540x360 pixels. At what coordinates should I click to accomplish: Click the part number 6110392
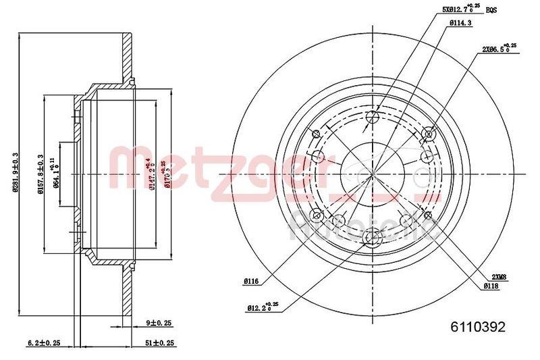tap(477, 326)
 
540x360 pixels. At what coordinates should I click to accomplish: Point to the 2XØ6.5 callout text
tap(497, 49)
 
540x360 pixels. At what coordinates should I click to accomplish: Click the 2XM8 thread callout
tap(500, 276)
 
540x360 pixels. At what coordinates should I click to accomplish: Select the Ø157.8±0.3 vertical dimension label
tap(42, 174)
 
